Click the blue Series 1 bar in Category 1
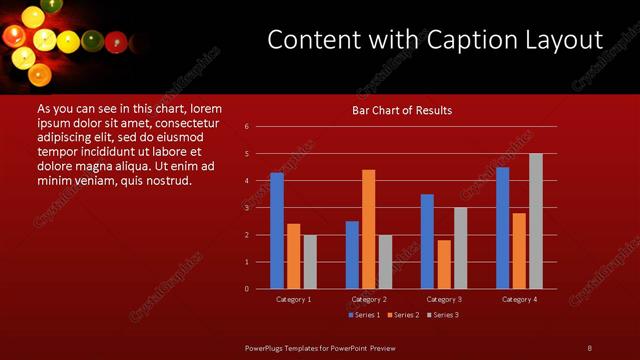277,231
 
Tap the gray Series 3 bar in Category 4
535,221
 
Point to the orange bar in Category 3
443,264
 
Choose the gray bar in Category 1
310,262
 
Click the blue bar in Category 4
502,228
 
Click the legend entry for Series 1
363,315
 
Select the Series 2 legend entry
402,315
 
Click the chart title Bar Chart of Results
402,110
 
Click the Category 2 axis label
369,299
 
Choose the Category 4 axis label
519,299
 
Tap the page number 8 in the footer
589,347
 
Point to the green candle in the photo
92,41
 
